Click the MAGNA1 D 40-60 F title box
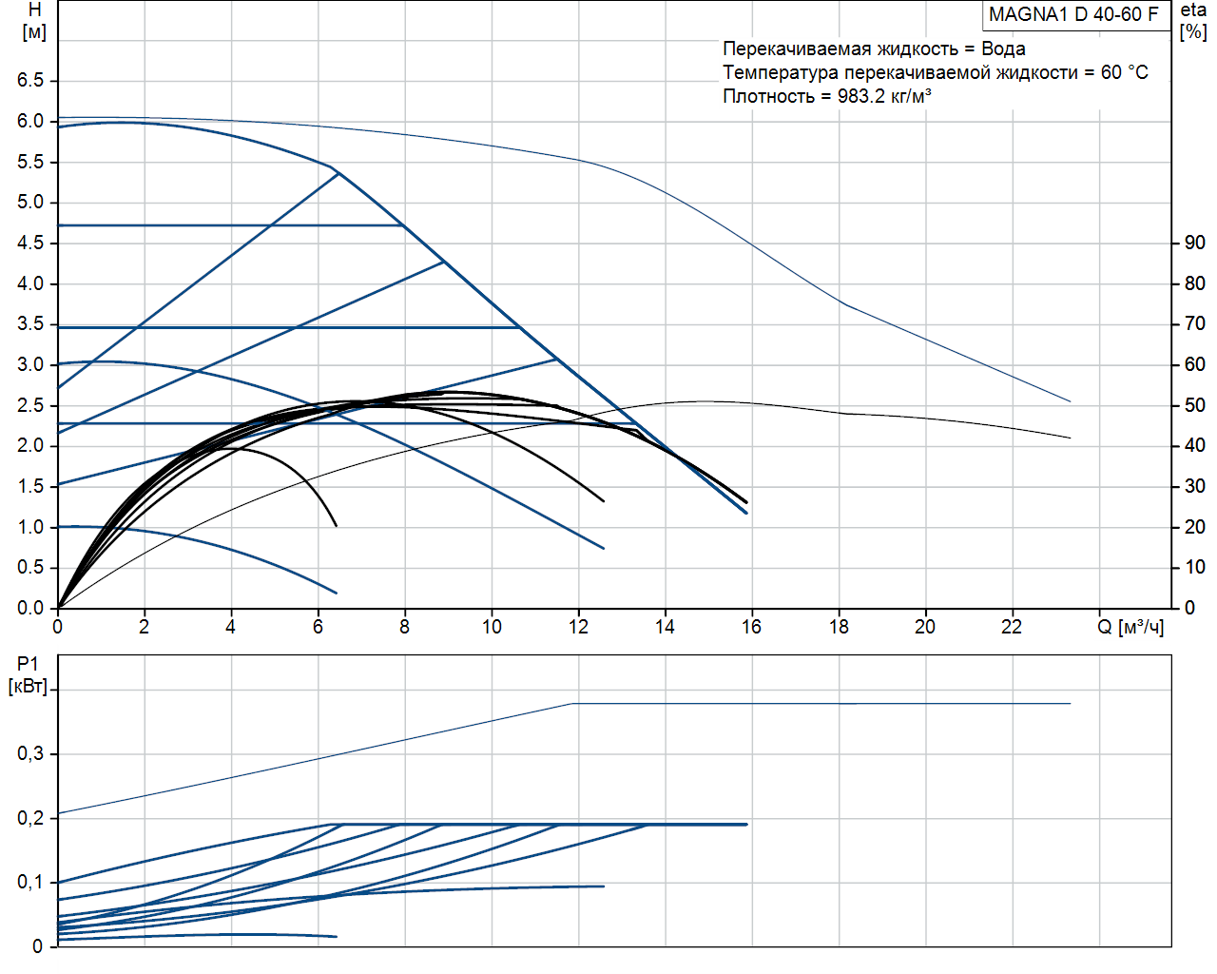coord(1074,15)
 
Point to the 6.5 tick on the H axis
coord(30,81)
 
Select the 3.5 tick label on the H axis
coord(30,324)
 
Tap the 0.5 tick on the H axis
coord(30,568)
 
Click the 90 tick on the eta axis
coord(1195,243)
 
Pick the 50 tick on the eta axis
coord(1195,405)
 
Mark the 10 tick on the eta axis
coord(1195,568)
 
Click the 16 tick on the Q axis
coord(751,627)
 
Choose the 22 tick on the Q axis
coord(1012,627)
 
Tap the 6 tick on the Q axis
coord(318,627)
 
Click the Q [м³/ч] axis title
coord(1130,627)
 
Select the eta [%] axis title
coord(1193,21)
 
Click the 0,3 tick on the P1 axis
coord(30,754)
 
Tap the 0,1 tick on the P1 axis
coord(30,883)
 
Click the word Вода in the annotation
coord(1003,49)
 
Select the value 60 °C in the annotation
coord(1125,72)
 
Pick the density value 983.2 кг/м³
coord(884,96)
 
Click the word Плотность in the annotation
coord(768,96)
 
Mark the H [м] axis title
coord(34,21)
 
